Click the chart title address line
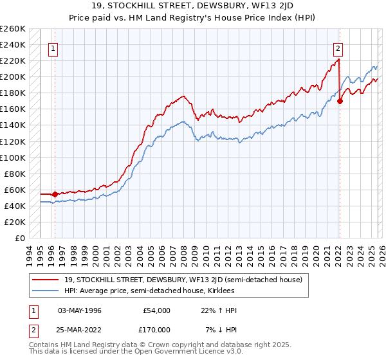click(x=193, y=7)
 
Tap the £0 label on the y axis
click(x=19, y=238)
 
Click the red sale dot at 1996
click(x=55, y=194)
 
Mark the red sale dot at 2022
click(x=340, y=101)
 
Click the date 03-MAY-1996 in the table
click(x=80, y=310)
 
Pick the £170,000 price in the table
click(x=157, y=330)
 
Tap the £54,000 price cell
click(x=157, y=310)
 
